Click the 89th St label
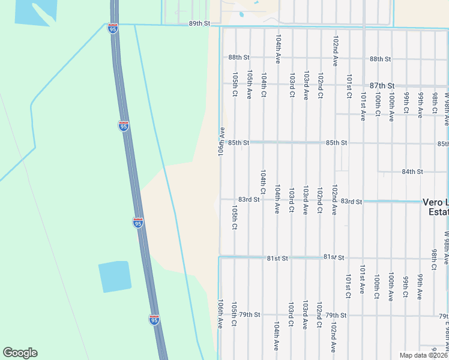click(x=200, y=23)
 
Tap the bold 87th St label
click(x=382, y=86)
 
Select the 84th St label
click(x=412, y=172)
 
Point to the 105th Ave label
click(x=249, y=85)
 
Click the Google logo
click(x=20, y=353)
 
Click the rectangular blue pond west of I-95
click(x=114, y=277)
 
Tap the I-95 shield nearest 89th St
click(x=113, y=28)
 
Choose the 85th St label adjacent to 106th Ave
click(x=238, y=143)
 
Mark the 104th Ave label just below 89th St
click(x=278, y=49)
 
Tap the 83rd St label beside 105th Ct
click(x=249, y=199)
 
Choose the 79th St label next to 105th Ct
click(x=249, y=314)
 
